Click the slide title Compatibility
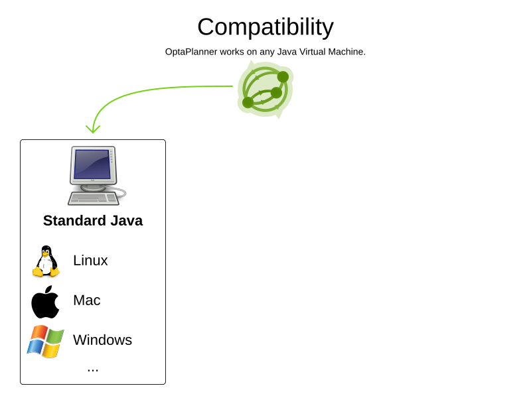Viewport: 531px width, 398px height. coord(265,27)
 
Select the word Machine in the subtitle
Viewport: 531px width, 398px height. coord(345,52)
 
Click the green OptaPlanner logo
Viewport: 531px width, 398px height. coord(265,90)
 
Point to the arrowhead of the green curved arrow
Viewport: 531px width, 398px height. coord(93,130)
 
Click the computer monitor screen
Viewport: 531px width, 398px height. coord(92,164)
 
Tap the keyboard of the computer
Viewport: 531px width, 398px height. coord(93,198)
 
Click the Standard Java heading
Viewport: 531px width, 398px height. coord(93,221)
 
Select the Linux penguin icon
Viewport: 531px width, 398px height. coord(46,261)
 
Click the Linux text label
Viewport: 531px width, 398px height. coord(90,261)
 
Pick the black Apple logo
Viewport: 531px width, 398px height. coord(45,302)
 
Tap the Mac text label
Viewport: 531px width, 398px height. coord(87,300)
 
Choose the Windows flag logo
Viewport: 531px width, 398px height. coord(46,341)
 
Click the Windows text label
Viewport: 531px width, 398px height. coord(102,340)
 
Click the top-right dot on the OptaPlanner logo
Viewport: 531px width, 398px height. coord(283,77)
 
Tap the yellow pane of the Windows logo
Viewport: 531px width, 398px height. coord(51,351)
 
